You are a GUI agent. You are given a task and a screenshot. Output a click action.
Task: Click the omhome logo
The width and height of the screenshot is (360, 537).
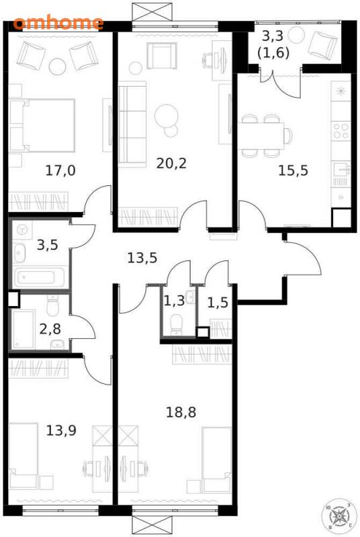58,23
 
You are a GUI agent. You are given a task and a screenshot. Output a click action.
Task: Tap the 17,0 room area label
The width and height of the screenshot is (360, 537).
60,170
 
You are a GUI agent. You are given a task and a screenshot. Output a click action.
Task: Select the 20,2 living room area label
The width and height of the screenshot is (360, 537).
171,163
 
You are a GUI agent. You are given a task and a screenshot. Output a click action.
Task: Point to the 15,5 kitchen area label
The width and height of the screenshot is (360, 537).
294,170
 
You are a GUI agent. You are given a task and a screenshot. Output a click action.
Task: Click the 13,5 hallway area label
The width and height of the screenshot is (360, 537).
142,258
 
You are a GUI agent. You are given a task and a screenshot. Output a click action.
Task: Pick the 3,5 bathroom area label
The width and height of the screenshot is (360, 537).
48,245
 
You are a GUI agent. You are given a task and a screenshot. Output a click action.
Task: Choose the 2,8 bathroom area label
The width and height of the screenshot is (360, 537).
50,329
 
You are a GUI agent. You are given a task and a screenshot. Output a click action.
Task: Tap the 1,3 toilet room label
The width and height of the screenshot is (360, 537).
174,301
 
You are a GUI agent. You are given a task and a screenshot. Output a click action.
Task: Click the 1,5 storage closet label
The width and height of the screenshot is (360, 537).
218,303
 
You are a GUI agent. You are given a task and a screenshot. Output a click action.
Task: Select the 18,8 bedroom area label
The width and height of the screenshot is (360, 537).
181,412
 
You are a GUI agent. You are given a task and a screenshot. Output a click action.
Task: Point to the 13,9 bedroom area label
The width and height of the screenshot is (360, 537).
61,430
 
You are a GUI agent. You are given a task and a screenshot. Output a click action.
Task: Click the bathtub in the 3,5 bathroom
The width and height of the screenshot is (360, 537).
39,277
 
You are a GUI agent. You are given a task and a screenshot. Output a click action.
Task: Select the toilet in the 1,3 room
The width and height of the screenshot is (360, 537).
177,324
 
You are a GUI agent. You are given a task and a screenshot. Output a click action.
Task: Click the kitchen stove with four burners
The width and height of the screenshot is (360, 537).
341,131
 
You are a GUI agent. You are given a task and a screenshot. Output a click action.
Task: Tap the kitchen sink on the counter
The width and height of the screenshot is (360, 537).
341,169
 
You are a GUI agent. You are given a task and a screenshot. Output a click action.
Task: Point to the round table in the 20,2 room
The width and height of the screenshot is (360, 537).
167,115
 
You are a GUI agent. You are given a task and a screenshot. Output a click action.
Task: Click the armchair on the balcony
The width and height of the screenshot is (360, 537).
322,44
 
